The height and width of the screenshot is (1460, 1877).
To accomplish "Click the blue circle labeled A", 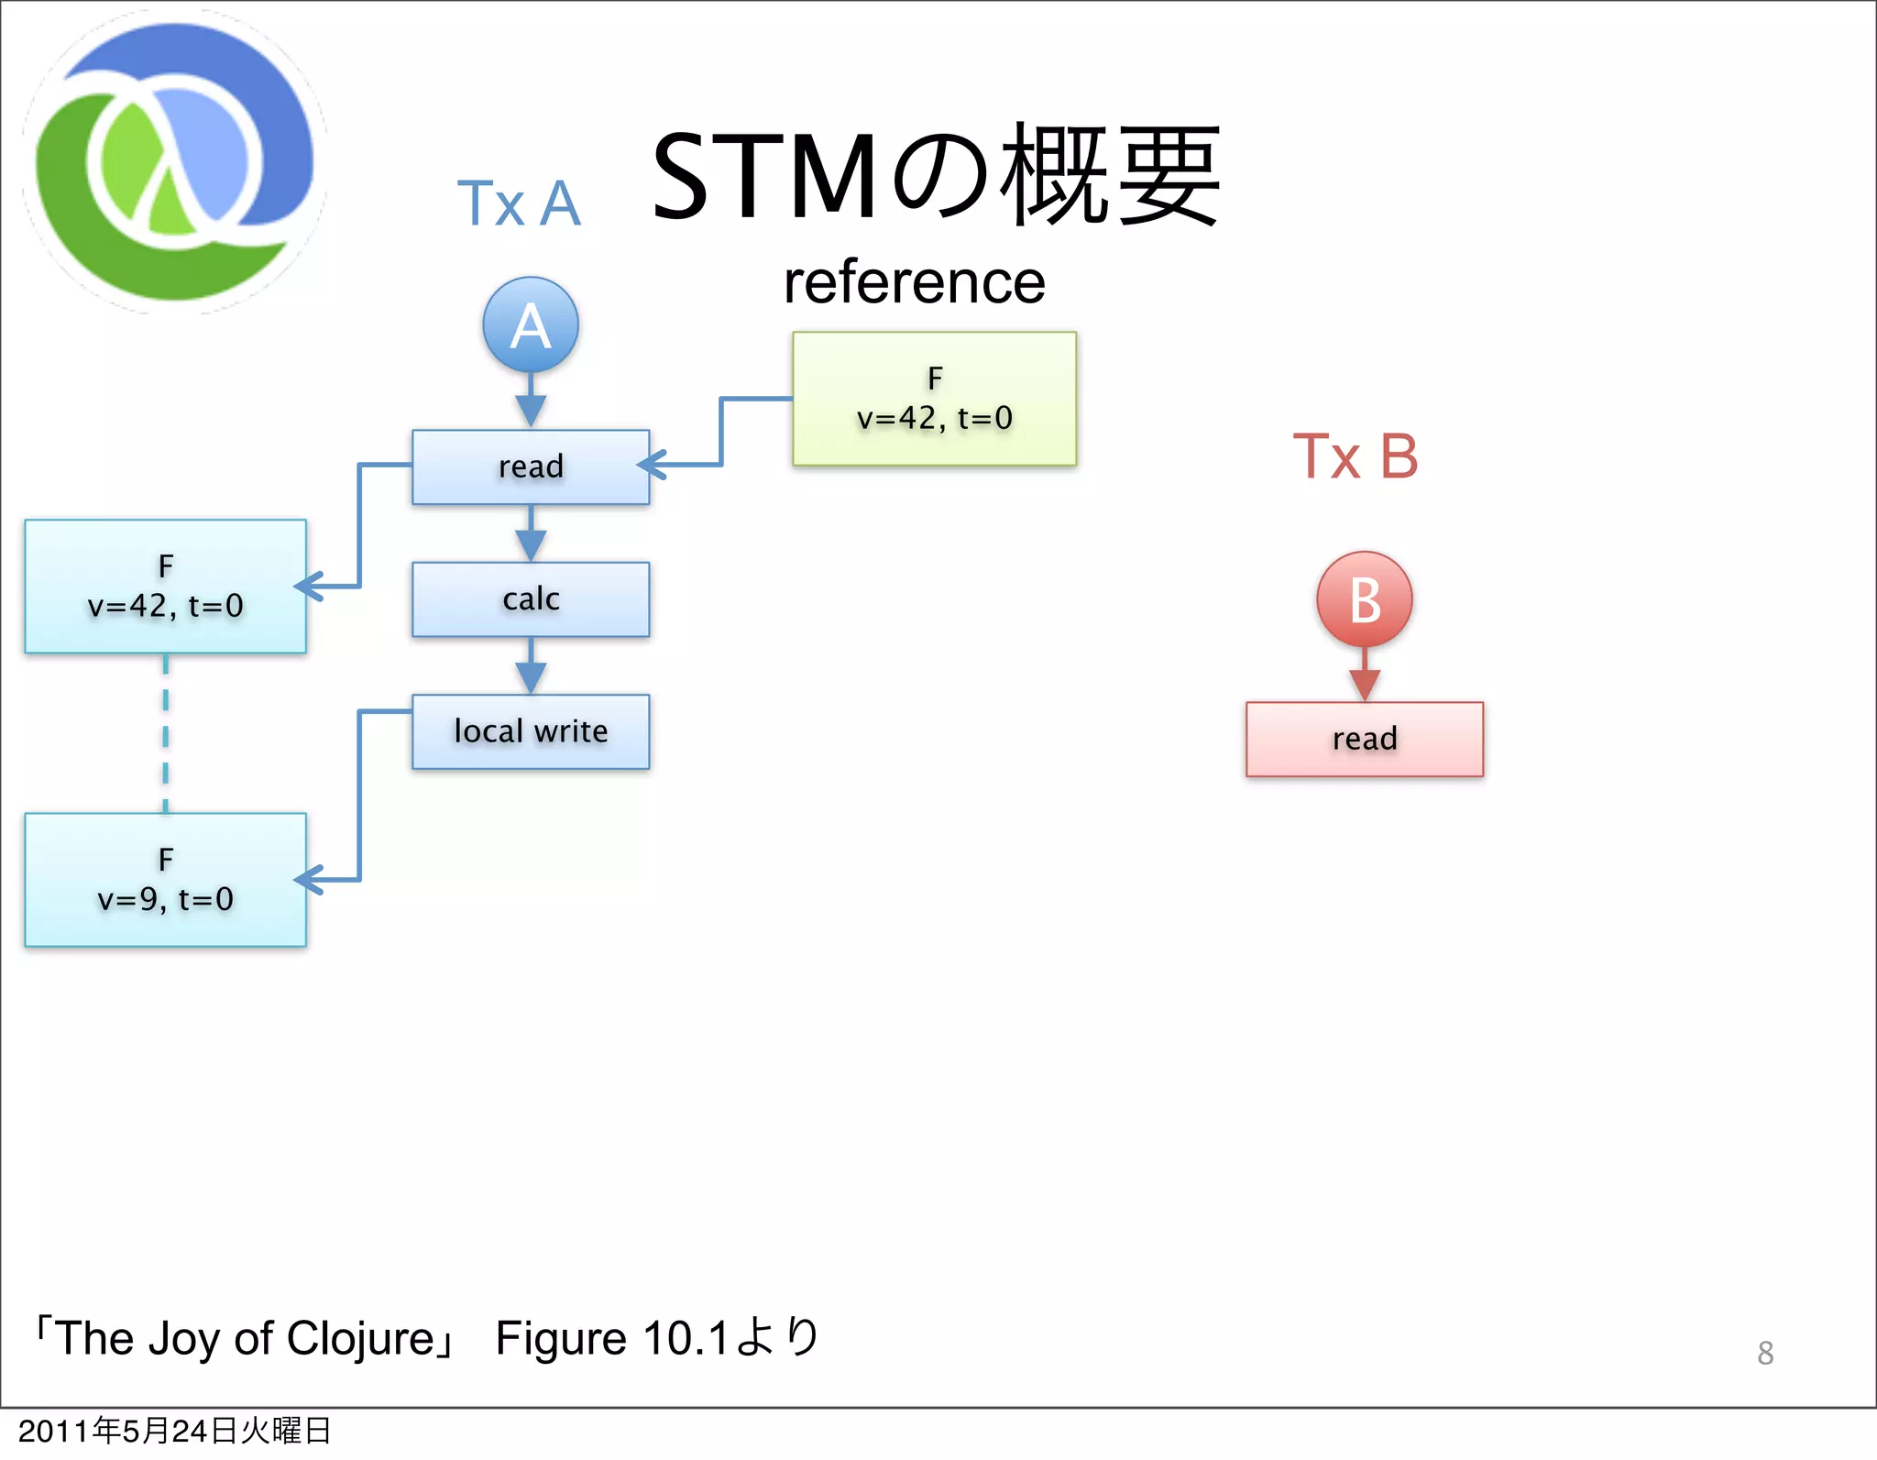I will click(x=531, y=325).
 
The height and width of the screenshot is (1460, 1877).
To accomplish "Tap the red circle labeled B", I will click(x=1364, y=600).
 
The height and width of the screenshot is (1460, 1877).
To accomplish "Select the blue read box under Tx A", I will click(x=531, y=467).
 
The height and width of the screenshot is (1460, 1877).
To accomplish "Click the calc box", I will click(x=531, y=599).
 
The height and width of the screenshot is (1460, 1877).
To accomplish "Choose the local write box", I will click(x=531, y=731).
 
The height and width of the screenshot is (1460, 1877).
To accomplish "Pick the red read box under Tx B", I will click(x=1364, y=739).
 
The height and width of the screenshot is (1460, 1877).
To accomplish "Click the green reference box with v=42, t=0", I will click(x=934, y=399).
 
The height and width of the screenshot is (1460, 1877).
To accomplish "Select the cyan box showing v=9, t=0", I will click(x=165, y=880).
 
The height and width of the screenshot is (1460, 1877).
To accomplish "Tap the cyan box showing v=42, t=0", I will click(x=165, y=587).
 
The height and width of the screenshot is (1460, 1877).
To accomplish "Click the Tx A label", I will click(x=519, y=203).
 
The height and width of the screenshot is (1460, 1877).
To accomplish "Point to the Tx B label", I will click(x=1355, y=456).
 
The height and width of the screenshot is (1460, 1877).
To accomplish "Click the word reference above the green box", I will click(x=914, y=282).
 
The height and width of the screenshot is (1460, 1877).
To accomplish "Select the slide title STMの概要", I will click(x=935, y=176).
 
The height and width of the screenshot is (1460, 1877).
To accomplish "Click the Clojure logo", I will click(x=174, y=162).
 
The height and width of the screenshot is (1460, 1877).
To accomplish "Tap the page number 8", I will click(x=1765, y=1353).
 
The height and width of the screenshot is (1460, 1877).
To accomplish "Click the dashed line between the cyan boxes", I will click(x=166, y=733).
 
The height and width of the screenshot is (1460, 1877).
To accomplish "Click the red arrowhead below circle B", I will click(x=1364, y=684).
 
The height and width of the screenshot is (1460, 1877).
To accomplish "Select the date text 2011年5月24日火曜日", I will click(x=174, y=1431).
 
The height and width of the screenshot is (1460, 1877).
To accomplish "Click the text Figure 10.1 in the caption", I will click(x=611, y=1338).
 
